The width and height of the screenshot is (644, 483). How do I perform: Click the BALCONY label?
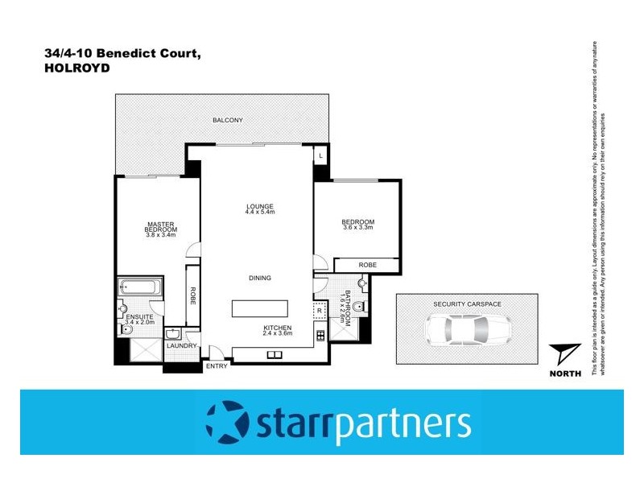tap(228, 120)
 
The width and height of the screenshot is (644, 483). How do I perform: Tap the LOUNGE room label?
tap(260, 206)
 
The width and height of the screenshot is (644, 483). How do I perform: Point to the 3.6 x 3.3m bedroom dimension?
tap(357, 229)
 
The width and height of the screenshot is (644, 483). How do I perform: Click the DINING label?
tap(259, 278)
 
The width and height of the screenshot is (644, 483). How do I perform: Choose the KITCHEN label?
tap(277, 328)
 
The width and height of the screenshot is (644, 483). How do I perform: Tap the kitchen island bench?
tap(261, 308)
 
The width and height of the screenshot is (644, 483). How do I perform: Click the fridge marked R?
tap(319, 310)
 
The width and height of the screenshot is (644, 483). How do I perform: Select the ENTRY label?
tap(217, 366)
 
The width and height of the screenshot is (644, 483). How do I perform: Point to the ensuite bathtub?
tap(139, 287)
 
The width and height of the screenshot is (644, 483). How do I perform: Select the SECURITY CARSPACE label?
tap(466, 303)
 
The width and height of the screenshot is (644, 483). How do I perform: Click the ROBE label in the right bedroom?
tap(367, 264)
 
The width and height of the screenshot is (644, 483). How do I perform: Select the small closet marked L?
tap(321, 155)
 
